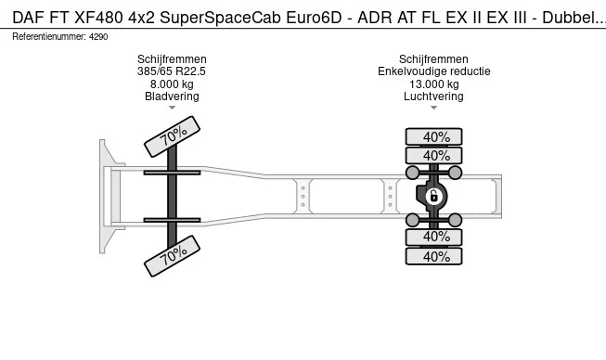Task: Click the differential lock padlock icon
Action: pyautogui.click(x=433, y=196)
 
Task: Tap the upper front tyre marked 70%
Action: pyautogui.click(x=172, y=136)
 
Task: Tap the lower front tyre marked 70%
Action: pyautogui.click(x=172, y=256)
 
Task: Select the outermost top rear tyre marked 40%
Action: pyautogui.click(x=433, y=136)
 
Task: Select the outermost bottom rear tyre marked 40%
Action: pyautogui.click(x=433, y=256)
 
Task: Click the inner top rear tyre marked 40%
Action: pyautogui.click(x=433, y=155)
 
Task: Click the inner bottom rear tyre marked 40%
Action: pyautogui.click(x=433, y=238)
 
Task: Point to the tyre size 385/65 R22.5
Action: pyautogui.click(x=172, y=71)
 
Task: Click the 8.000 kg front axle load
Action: pyautogui.click(x=172, y=84)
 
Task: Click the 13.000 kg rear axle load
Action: pyautogui.click(x=434, y=84)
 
